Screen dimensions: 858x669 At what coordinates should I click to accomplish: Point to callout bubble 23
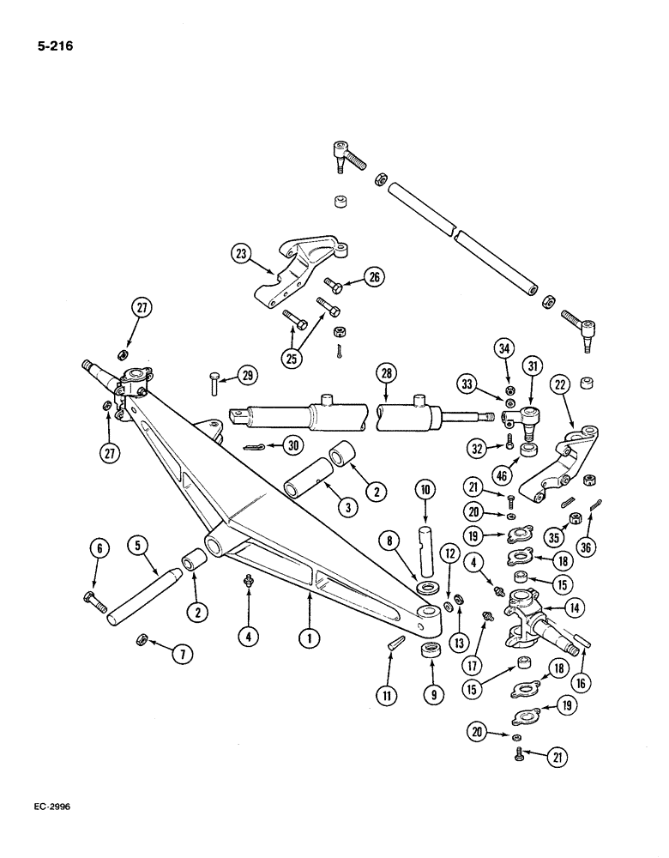click(242, 254)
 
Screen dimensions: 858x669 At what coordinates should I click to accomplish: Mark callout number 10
click(427, 490)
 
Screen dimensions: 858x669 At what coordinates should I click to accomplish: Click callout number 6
click(98, 547)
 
